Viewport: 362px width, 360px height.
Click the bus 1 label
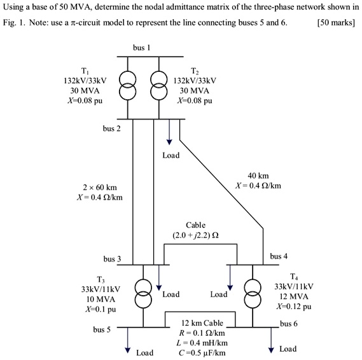142,48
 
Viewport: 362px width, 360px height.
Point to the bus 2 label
113,128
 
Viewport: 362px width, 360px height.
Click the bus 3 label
113,260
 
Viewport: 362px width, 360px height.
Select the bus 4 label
279,256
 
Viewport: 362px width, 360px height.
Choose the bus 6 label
288,324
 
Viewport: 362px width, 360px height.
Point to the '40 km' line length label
258,175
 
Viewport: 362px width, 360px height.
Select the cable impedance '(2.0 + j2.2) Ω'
196,235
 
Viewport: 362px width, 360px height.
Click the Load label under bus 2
171,155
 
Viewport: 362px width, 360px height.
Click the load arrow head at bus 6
272,349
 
